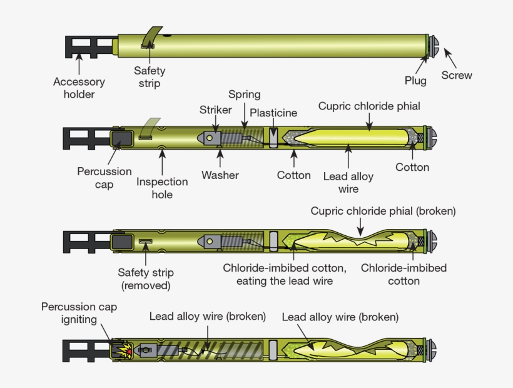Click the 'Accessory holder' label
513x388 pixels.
(79, 88)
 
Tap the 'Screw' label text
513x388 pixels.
(457, 75)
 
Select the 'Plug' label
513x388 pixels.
(415, 80)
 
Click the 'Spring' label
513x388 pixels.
(244, 94)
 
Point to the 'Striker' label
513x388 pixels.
(216, 110)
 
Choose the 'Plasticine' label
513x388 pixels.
(273, 113)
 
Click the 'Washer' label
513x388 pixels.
(220, 175)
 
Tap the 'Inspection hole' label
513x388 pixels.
(162, 188)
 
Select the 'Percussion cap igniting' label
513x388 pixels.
(79, 313)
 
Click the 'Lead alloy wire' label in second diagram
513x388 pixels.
(348, 183)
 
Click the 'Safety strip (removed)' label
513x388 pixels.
(146, 278)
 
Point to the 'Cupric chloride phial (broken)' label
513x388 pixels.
(383, 212)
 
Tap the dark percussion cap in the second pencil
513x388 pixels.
(121, 138)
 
